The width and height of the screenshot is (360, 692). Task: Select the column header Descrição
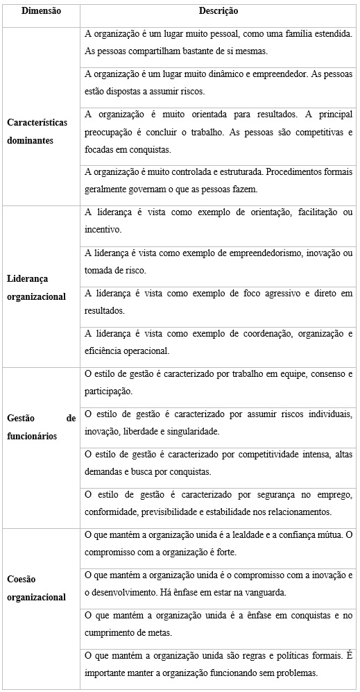tap(218, 11)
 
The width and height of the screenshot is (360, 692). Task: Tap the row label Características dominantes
tap(37, 130)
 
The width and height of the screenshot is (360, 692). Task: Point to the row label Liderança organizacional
tap(37, 288)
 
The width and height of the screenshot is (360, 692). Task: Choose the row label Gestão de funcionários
tap(41, 428)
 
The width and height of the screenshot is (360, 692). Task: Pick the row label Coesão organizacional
tap(37, 588)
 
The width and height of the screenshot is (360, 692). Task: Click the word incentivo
tap(102, 230)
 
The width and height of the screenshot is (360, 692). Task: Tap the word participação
tap(108, 391)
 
